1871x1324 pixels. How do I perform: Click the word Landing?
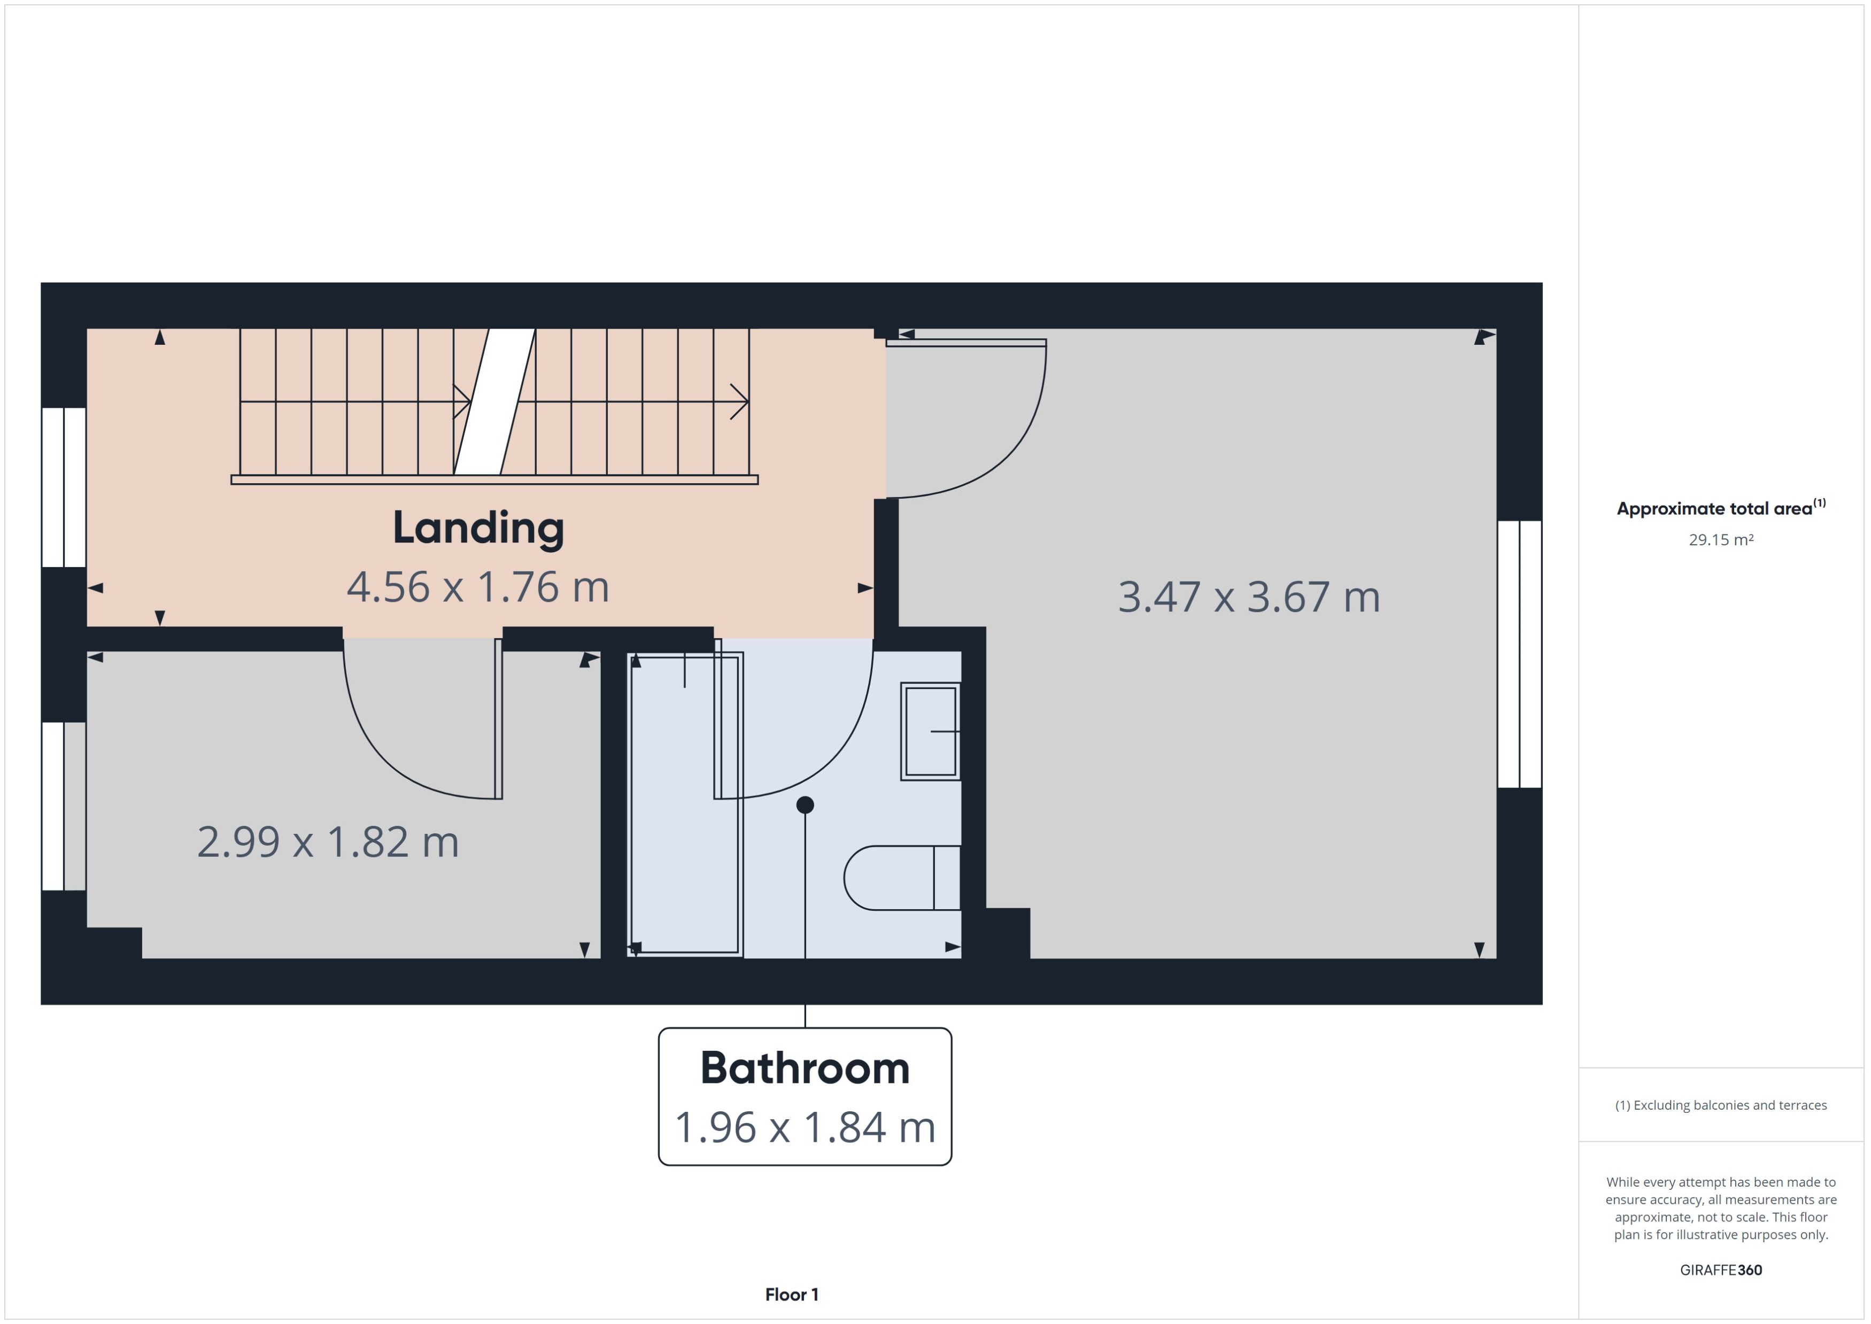(478, 528)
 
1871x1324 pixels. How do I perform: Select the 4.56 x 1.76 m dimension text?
(478, 587)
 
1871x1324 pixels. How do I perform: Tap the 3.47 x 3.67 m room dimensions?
(1248, 597)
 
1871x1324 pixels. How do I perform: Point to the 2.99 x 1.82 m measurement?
(328, 842)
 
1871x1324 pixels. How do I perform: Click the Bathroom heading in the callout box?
(805, 1068)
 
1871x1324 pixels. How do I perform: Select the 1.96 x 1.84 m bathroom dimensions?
(805, 1127)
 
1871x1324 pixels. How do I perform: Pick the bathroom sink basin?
(930, 731)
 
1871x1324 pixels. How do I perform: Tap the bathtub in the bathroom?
(685, 803)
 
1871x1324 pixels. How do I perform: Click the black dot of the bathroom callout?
(805, 804)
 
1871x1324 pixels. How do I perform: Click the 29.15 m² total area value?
(1720, 540)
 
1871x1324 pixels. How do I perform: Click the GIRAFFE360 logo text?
(1720, 1269)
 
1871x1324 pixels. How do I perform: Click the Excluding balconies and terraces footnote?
(1720, 1105)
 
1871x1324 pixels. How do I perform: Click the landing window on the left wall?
(64, 487)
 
